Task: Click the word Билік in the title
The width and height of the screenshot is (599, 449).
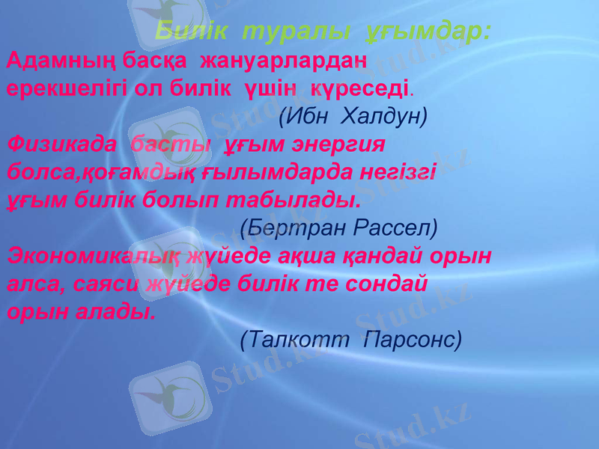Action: coord(188,32)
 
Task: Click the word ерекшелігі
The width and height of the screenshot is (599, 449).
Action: coord(61,88)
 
